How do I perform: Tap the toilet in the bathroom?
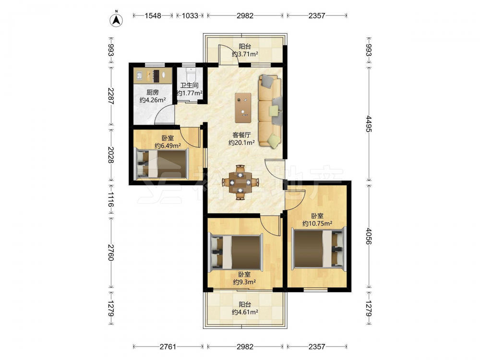(191, 74)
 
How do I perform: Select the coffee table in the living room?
(243, 108)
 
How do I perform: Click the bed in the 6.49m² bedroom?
(161, 163)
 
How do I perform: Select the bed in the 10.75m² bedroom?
(318, 249)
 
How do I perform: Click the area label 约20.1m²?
(242, 143)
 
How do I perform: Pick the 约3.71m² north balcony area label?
(245, 54)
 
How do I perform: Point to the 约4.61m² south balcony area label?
(245, 312)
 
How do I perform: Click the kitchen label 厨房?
(153, 92)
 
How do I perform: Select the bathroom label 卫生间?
(189, 85)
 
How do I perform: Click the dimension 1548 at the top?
(153, 16)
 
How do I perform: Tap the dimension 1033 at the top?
(190, 16)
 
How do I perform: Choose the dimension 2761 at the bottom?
(168, 347)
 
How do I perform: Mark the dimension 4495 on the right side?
(369, 124)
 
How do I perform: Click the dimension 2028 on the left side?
(111, 155)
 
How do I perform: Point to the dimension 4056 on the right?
(369, 236)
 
